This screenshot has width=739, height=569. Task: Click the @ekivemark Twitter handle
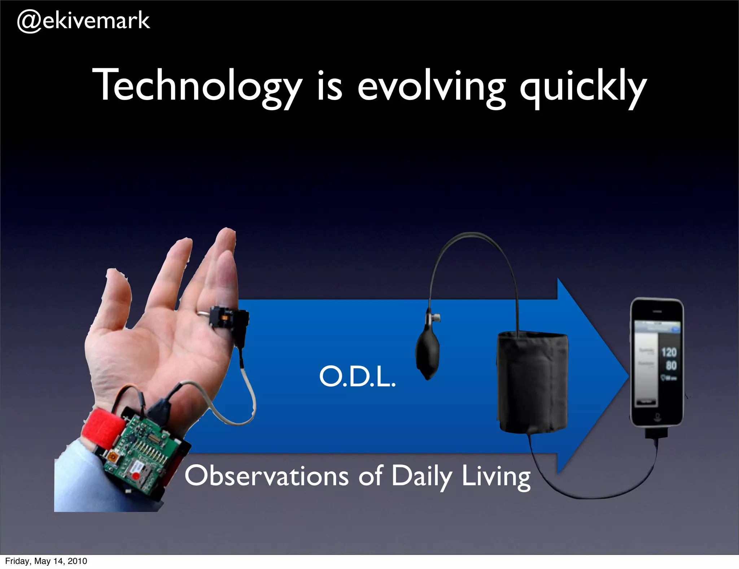[83, 21]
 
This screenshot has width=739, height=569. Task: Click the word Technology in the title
[197, 87]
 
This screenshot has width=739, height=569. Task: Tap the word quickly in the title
[582, 87]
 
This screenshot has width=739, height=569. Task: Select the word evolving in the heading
[432, 87]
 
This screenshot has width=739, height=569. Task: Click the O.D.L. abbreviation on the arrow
[357, 376]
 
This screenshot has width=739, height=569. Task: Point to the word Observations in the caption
[266, 476]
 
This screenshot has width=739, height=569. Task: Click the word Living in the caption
[496, 476]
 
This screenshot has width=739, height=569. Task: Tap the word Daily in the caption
[421, 476]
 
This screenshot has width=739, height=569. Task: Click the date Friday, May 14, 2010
[46, 561]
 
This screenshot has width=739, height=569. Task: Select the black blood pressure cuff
[533, 383]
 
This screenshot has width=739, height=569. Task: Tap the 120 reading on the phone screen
[668, 352]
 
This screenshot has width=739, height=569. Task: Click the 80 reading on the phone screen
[671, 365]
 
